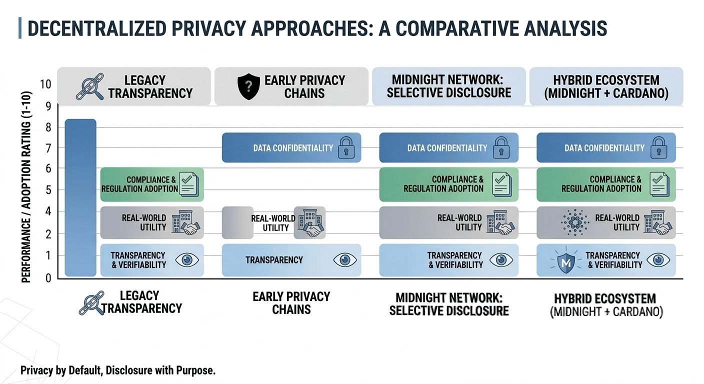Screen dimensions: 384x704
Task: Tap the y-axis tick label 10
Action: [45, 83]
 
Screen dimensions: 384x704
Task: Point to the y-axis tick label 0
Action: [48, 278]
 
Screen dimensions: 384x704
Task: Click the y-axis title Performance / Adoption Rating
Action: [26, 187]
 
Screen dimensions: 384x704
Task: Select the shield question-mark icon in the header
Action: [248, 86]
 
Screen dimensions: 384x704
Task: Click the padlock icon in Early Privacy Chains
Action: [345, 148]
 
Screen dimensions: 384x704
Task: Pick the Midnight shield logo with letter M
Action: [566, 261]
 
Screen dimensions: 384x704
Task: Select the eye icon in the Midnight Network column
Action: [500, 260]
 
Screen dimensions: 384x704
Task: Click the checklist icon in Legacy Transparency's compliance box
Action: [188, 184]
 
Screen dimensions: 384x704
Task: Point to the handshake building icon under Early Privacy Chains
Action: [309, 222]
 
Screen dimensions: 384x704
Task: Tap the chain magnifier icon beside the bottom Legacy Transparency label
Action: [91, 302]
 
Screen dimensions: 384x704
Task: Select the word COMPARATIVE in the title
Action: [450, 28]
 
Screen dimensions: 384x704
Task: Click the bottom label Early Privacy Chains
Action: [291, 303]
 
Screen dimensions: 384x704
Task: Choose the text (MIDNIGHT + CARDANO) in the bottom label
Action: [606, 312]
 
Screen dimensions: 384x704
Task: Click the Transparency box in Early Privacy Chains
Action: [291, 260]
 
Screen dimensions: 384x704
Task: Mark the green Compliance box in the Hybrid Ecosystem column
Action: [605, 184]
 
